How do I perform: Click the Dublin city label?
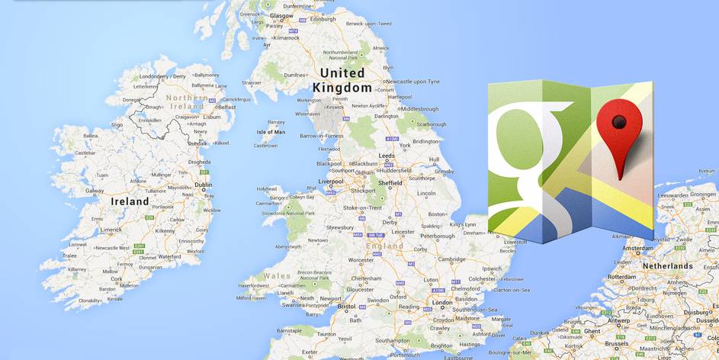[204, 184]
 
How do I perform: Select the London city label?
[442, 302]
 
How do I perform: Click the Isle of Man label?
[271, 132]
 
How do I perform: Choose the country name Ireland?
[130, 201]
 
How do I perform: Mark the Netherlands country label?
[666, 266]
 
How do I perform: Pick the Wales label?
[276, 275]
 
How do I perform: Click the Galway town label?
[95, 191]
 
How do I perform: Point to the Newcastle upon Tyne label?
[412, 82]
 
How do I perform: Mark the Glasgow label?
[281, 14]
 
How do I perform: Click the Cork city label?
[117, 279]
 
